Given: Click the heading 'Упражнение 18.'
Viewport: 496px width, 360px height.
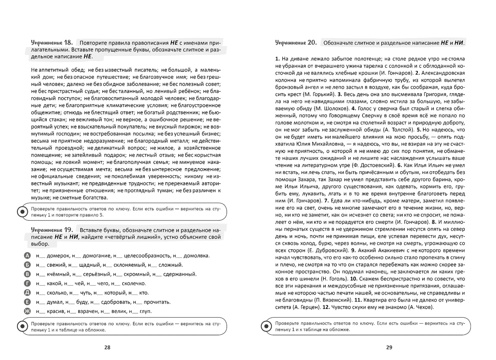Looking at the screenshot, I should [x=52, y=43].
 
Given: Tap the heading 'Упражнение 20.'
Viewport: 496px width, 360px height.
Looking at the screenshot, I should [x=296, y=43].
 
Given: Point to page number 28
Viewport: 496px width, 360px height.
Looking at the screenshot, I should [x=107, y=347].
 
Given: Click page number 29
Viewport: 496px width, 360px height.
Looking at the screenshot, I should [x=389, y=347].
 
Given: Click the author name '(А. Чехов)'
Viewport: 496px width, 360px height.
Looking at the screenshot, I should [x=421, y=307].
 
